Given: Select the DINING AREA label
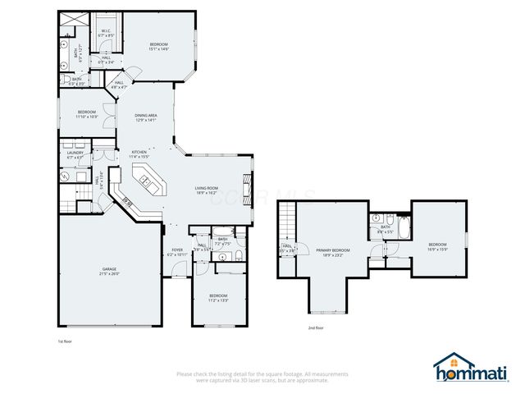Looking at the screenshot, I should pos(147,116).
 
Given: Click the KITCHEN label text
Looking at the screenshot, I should pos(139,152).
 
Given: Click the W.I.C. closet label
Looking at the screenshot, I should pos(106,31).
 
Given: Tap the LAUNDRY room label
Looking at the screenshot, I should pos(75,152).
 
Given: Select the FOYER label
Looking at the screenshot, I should pos(177,250).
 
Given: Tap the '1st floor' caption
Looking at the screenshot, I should pos(66,340).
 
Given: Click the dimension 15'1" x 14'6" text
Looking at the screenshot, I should pos(158,49).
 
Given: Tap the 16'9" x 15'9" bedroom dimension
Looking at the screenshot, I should pos(438,250).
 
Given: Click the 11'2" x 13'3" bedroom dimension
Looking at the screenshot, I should pos(217,300).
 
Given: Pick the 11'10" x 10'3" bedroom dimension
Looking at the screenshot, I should pos(88,117).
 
